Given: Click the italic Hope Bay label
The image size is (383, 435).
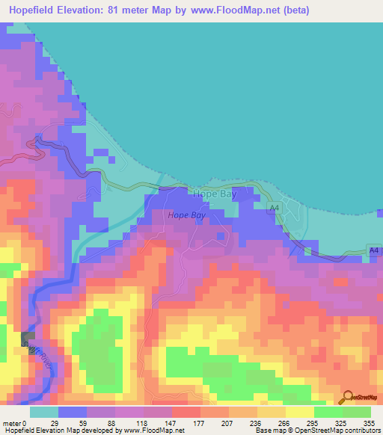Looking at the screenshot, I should tap(186, 215).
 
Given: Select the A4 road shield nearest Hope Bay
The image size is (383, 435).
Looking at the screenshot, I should tap(275, 207).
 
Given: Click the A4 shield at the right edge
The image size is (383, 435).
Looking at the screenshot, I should tap(375, 250).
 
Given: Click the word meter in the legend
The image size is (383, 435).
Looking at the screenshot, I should tap(13, 423).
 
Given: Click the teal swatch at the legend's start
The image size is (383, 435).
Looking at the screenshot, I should tap(44, 412).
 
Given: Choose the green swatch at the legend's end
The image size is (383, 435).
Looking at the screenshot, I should tap(357, 412).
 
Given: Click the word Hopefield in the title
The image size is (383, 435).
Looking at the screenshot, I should tap(36, 10).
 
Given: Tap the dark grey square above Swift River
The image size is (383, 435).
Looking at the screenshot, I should tap(28, 338).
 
